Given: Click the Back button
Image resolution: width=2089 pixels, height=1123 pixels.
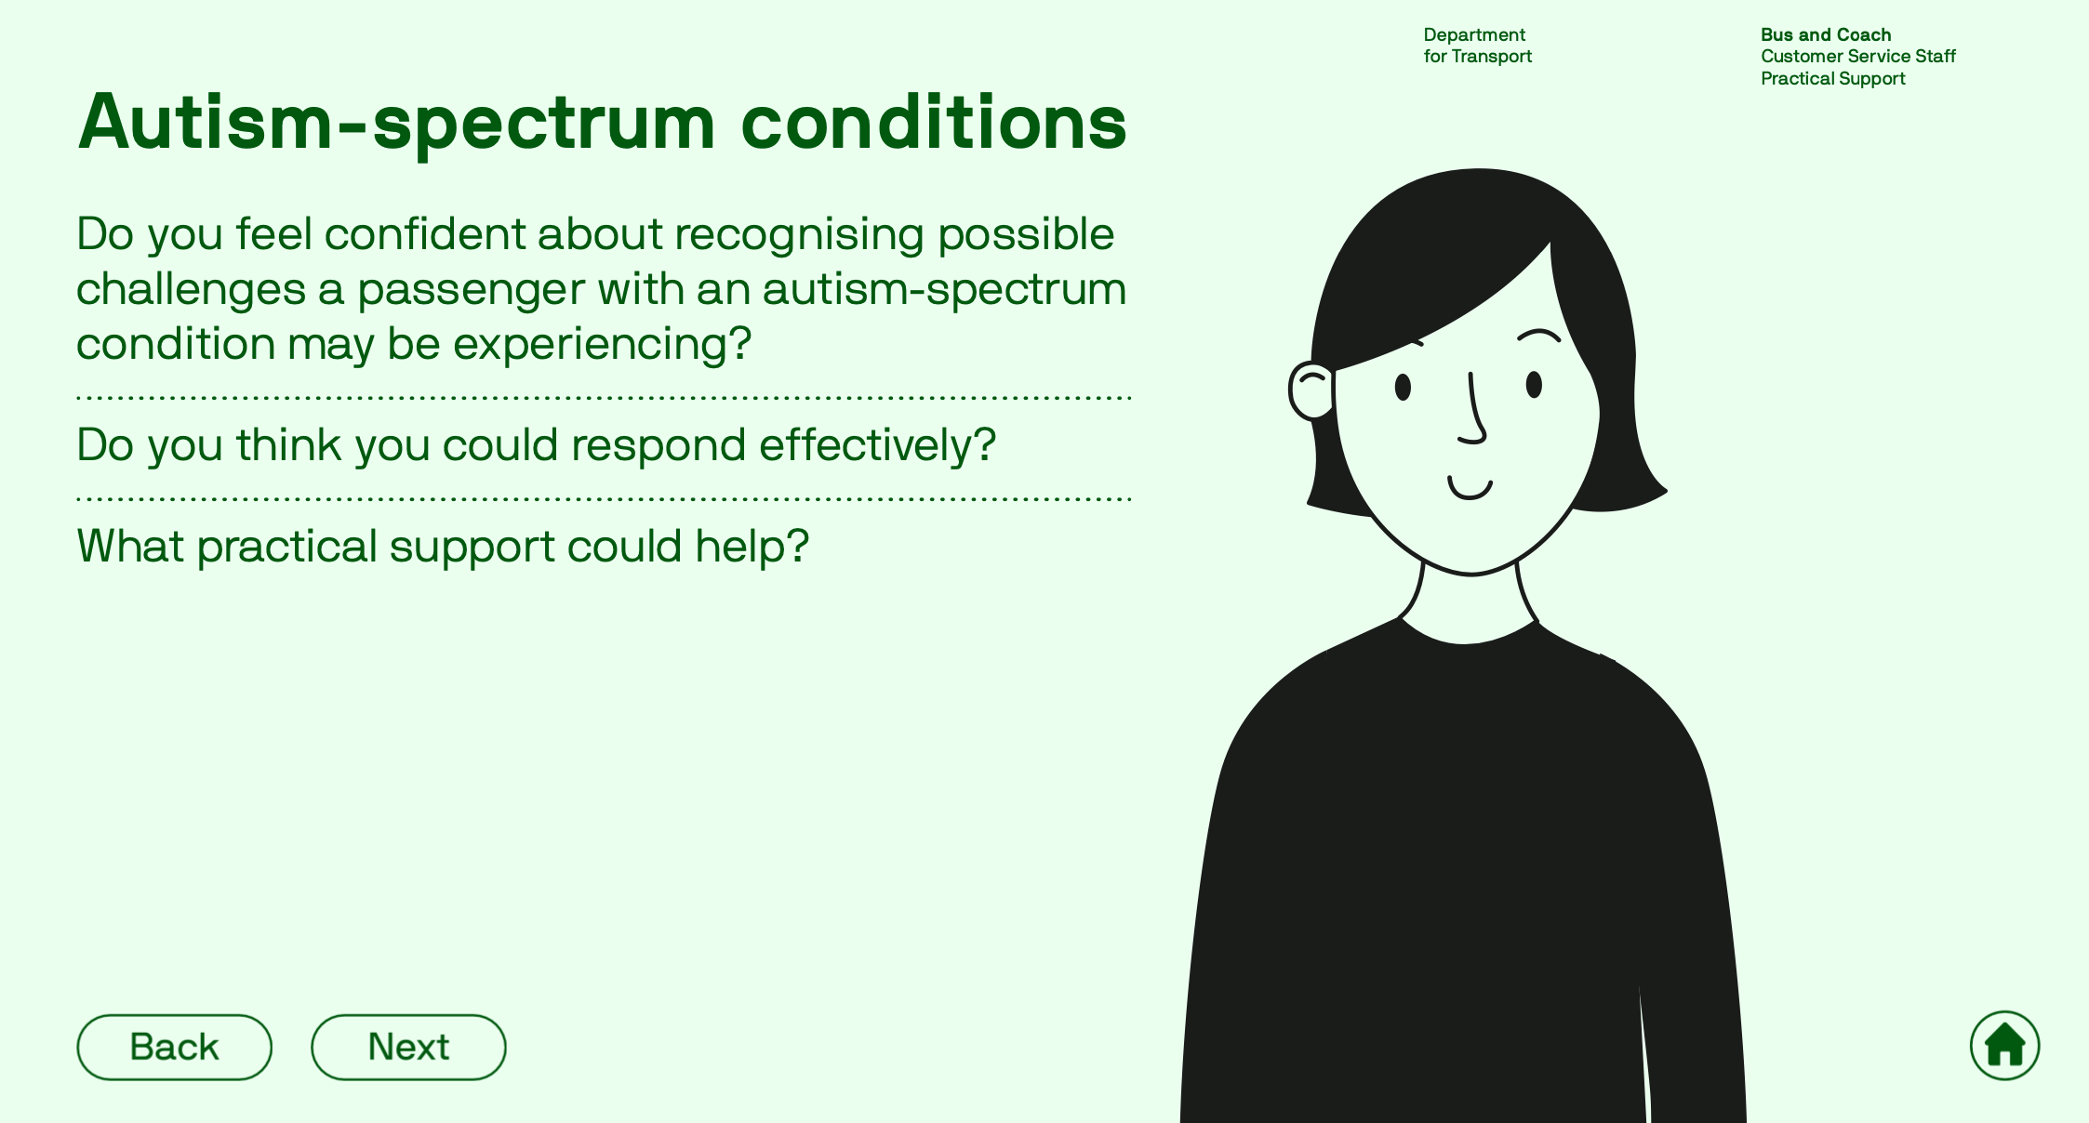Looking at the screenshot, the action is point(174,1047).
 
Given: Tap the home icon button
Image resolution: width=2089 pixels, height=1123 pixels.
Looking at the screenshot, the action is point(2004,1046).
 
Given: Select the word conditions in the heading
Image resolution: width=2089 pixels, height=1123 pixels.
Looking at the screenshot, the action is point(934,122).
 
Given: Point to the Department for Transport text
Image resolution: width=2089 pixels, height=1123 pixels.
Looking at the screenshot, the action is point(1477,46).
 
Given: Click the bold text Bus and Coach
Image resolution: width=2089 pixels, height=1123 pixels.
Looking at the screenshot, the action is point(1826,35).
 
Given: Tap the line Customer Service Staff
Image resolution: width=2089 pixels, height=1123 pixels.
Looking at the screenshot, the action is point(1858,57).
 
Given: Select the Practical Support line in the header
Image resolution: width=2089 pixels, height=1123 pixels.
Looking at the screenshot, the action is point(1833,79).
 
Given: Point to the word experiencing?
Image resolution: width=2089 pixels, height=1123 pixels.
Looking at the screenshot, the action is point(602,345).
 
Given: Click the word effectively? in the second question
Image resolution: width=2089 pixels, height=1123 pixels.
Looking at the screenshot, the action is point(877,445).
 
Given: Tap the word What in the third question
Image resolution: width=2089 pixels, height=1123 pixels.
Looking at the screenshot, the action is point(130,546).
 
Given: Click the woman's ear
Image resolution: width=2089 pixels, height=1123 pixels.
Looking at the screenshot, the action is point(1311,391).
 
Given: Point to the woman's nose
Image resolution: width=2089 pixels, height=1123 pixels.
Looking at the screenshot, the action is point(1473,409).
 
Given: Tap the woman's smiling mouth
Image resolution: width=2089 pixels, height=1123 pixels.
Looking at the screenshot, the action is point(1470,489).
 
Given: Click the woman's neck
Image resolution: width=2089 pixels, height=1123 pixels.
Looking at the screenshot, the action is point(1469,604).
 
